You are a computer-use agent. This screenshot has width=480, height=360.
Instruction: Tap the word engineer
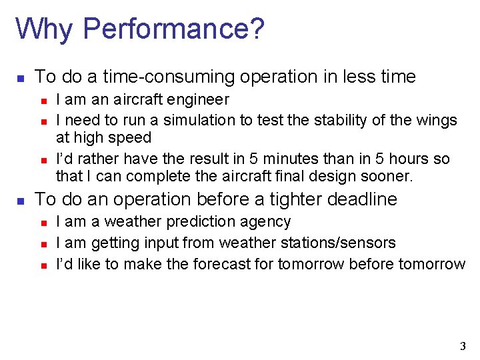click(x=199, y=101)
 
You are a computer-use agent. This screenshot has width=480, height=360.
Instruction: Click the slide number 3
click(x=463, y=346)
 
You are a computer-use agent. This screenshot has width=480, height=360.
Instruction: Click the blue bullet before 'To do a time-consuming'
click(x=21, y=78)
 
